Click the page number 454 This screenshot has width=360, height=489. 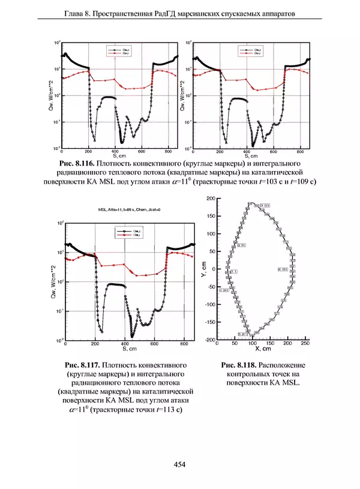coord(179,464)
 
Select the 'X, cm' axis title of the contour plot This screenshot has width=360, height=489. coord(264,349)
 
